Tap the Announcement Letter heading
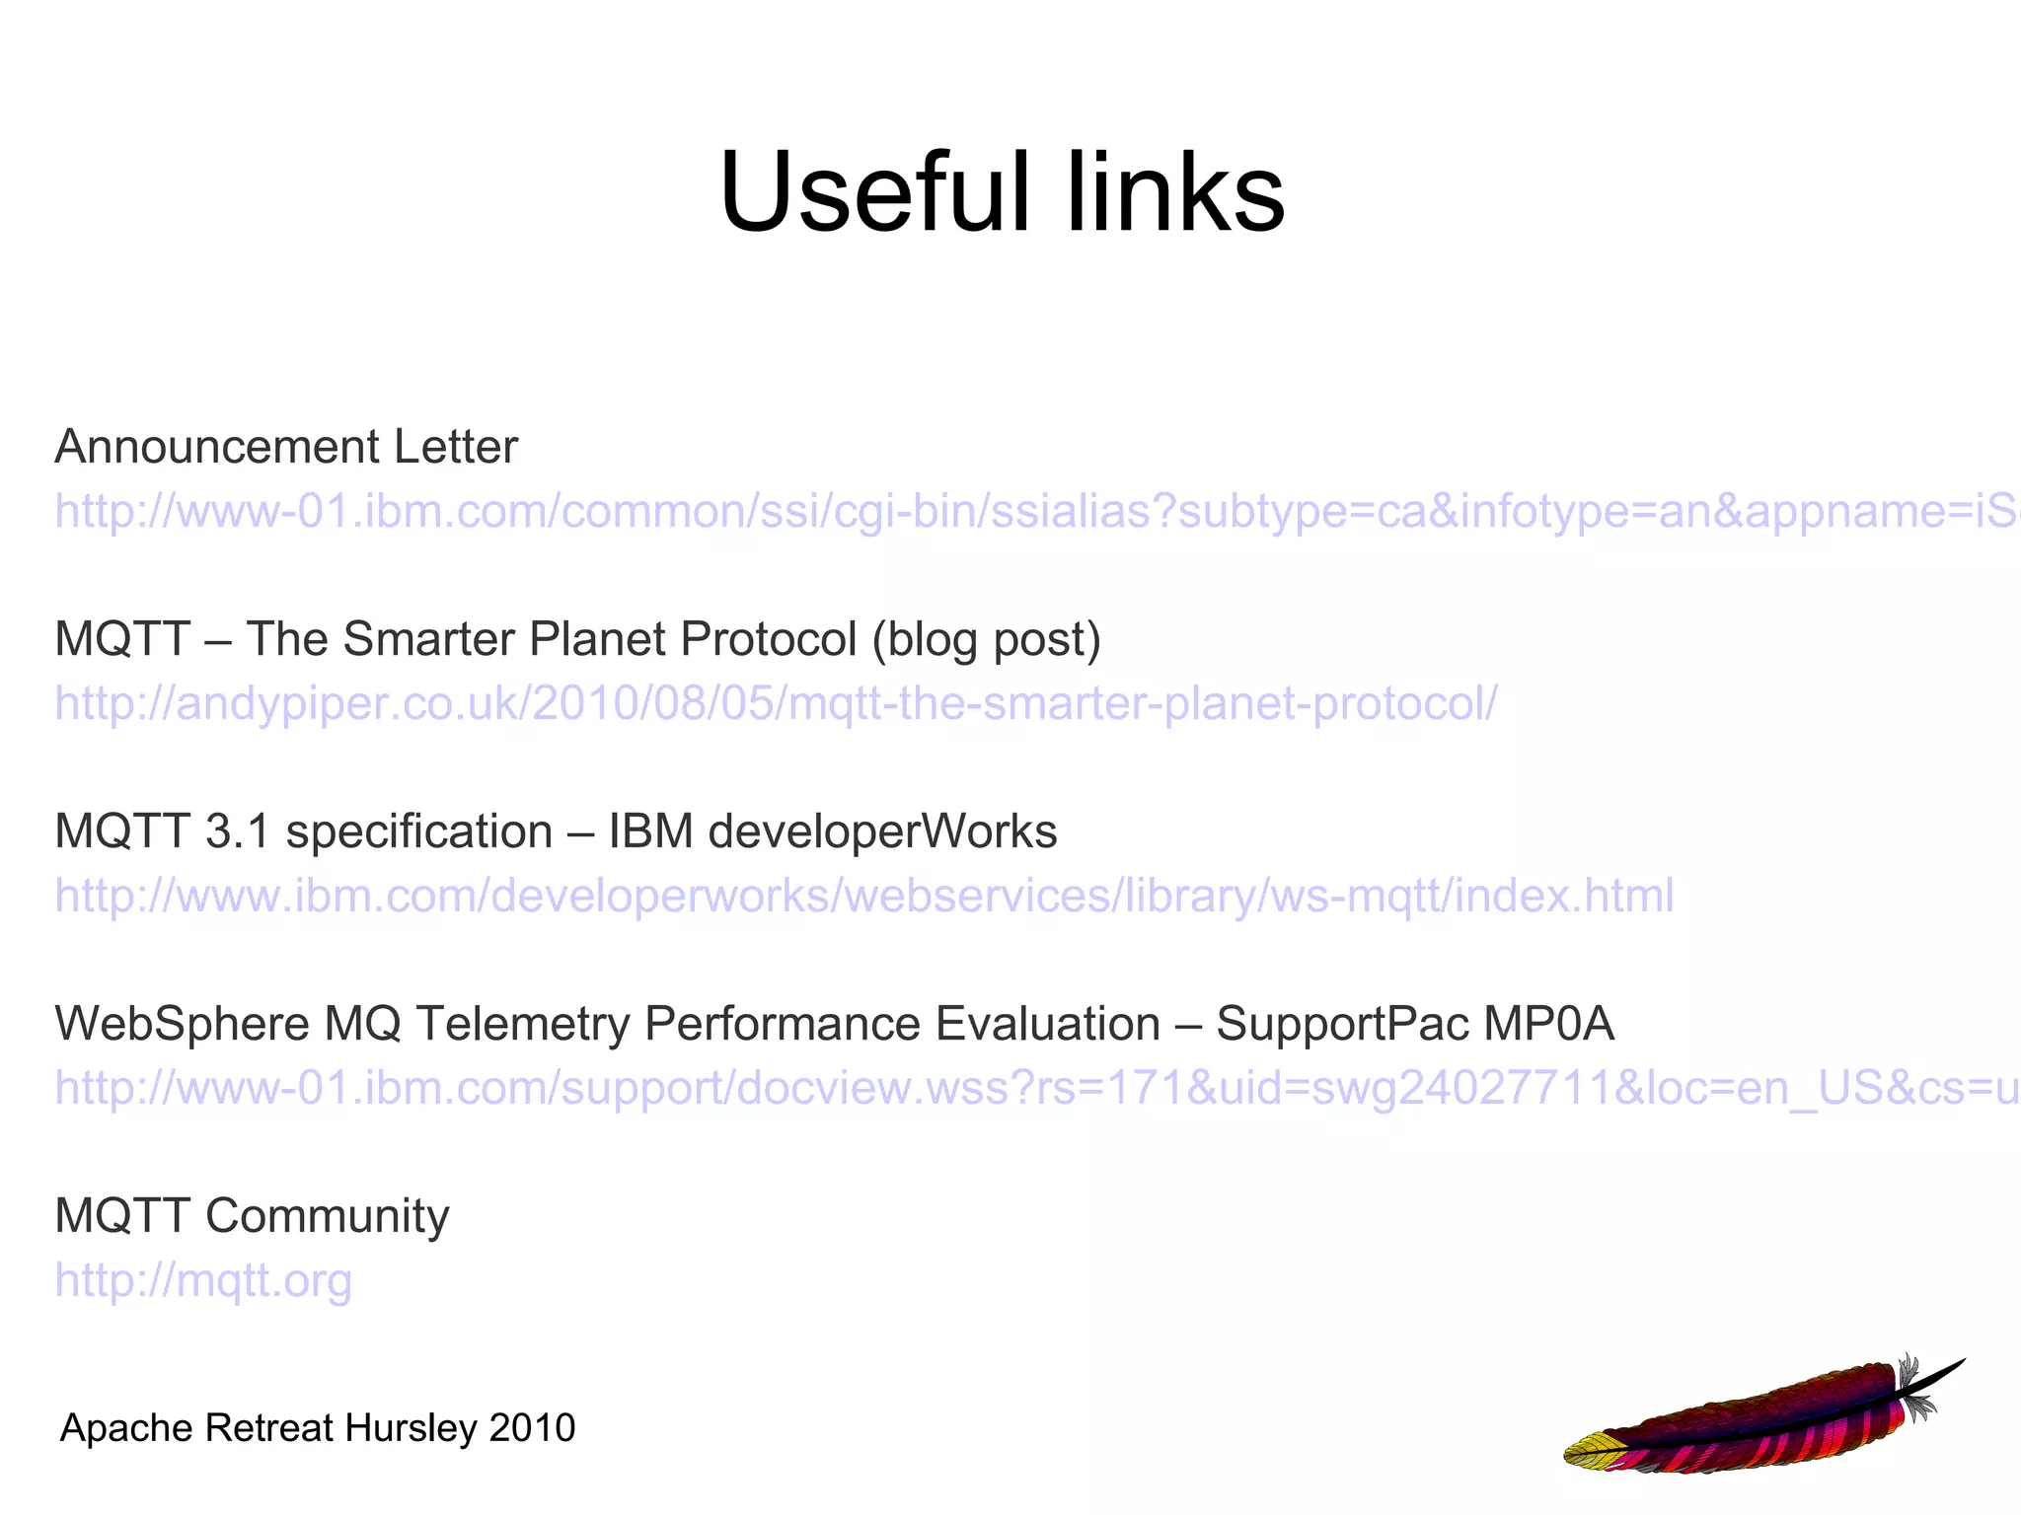[x=286, y=447]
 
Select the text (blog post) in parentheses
[x=986, y=639]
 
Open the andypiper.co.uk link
[x=776, y=703]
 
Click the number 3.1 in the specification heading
[x=238, y=831]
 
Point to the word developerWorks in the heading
[x=883, y=831]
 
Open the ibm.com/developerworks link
[x=864, y=896]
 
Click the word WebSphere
[x=183, y=1024]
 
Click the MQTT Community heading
[x=252, y=1216]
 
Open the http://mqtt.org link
[x=203, y=1280]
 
